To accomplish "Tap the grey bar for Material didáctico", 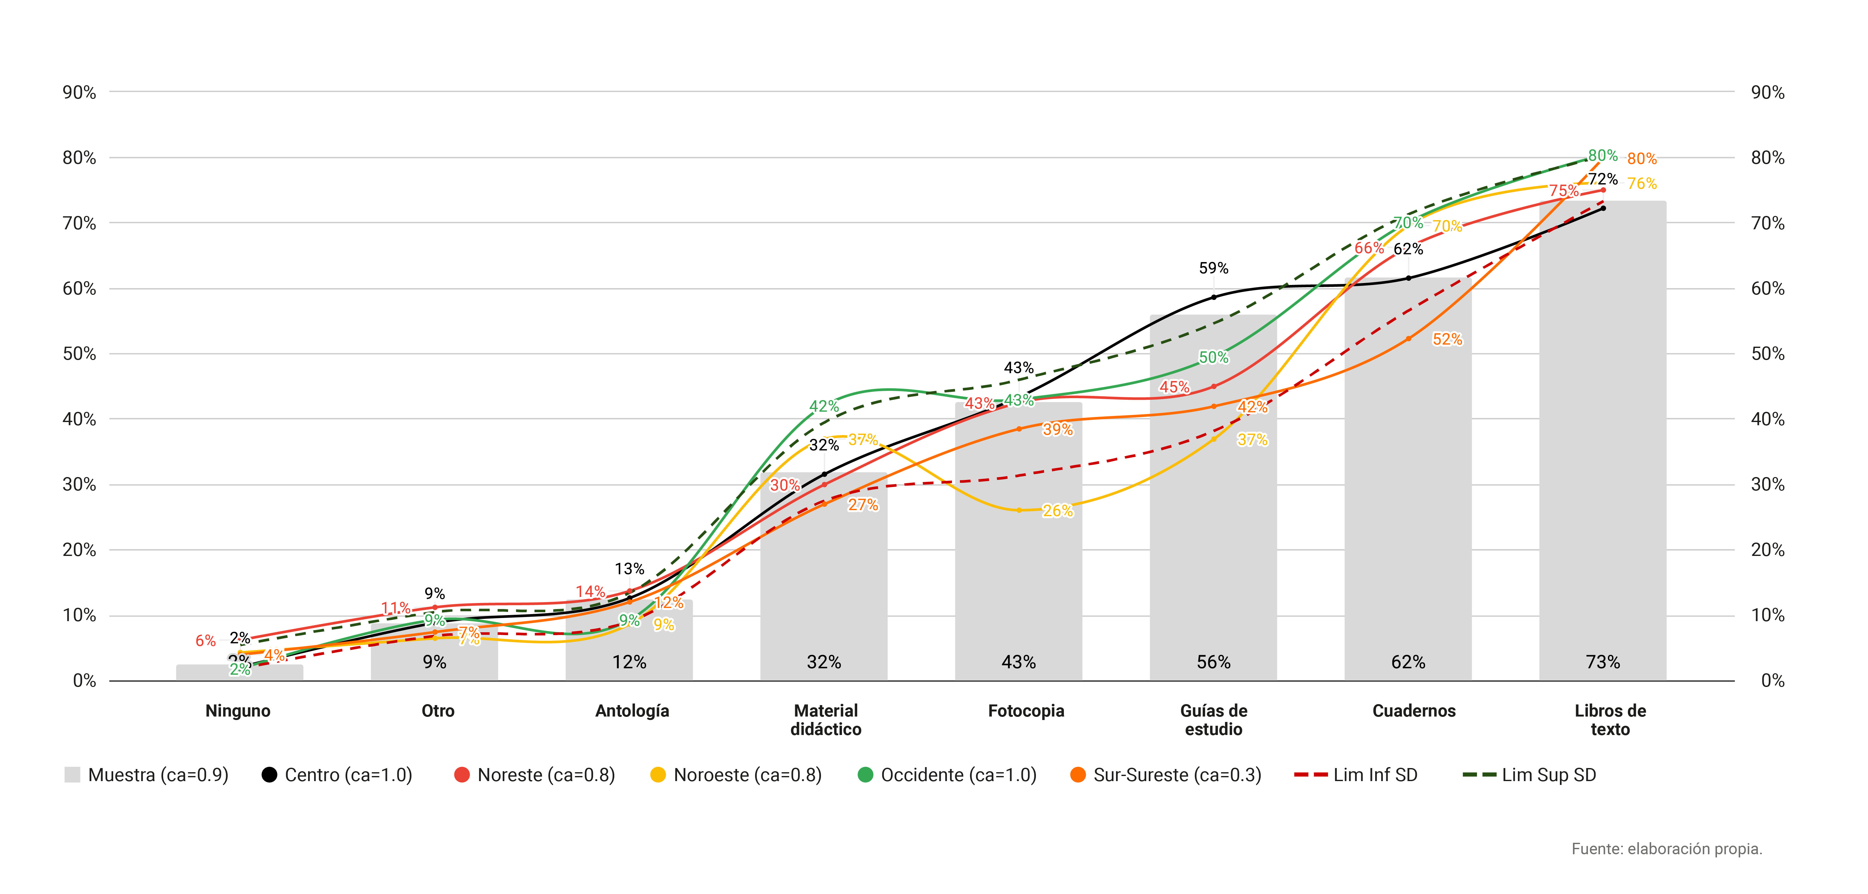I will point(824,580).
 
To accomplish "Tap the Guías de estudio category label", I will point(1213,720).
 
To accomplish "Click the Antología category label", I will point(631,710).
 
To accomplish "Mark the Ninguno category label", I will point(238,710).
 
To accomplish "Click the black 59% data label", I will point(1213,268).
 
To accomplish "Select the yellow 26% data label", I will point(1057,511).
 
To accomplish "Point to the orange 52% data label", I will point(1447,339).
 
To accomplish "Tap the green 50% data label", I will point(1213,357).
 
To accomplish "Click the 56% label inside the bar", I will point(1213,662).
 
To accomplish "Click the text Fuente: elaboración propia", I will point(1666,848).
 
